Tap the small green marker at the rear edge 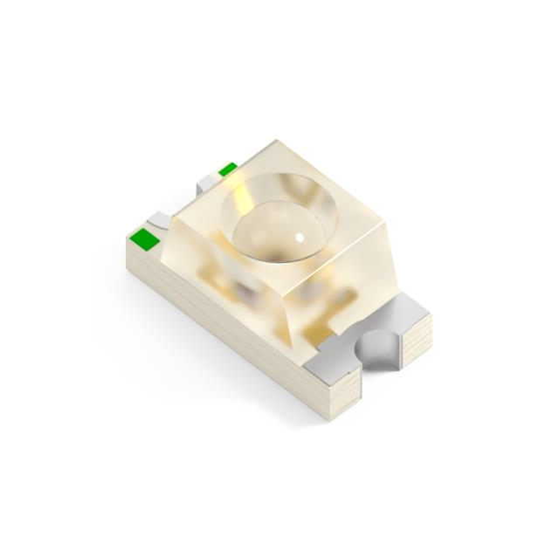(x=228, y=169)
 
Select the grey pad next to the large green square (x=158, y=220)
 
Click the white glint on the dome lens (x=300, y=236)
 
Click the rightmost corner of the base (x=434, y=316)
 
